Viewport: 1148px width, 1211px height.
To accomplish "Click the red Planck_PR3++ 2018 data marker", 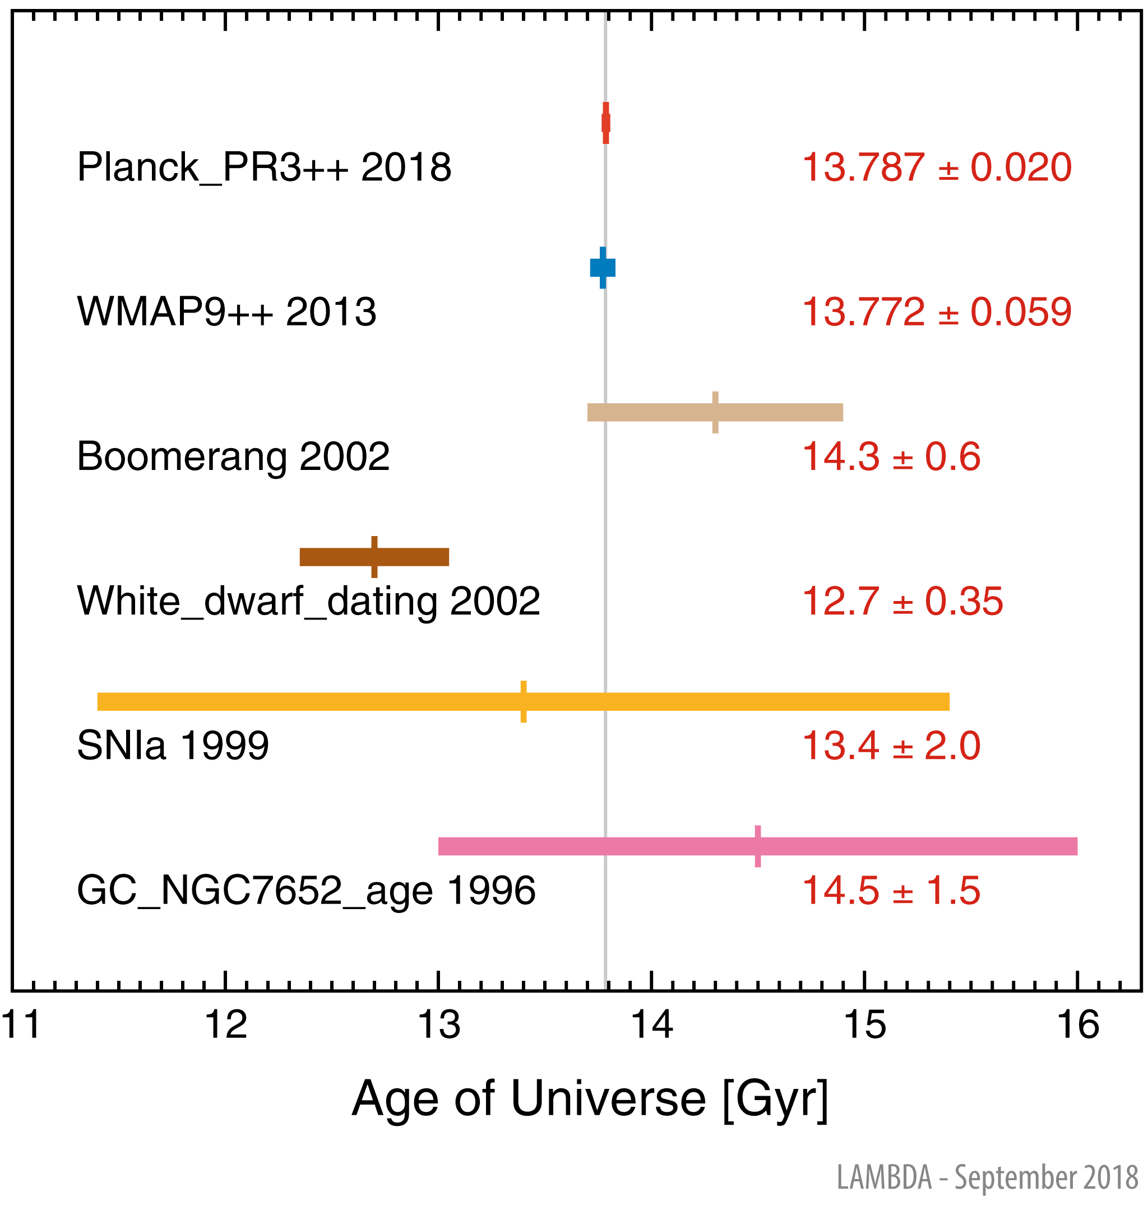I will [606, 123].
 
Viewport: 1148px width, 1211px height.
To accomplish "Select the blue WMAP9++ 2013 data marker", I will [603, 268].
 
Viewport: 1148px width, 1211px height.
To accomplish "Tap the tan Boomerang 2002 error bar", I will [715, 412].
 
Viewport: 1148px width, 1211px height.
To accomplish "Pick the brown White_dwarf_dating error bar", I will [374, 557].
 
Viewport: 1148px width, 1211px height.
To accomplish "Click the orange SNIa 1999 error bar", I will [523, 701].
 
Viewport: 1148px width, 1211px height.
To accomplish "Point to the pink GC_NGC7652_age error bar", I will [758, 846].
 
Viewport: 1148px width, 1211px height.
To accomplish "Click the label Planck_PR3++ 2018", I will [264, 167].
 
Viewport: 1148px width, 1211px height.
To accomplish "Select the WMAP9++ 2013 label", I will [226, 312].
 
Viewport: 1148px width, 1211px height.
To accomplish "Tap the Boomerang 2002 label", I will [233, 457].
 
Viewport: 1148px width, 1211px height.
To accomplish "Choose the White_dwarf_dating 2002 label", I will [308, 601].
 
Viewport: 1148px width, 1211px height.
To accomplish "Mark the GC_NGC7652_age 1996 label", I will [306, 891].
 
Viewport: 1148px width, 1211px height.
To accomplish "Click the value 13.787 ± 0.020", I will [937, 167].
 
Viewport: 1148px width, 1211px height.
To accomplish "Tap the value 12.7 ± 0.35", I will [902, 601].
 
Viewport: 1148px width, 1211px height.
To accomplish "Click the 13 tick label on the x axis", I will [438, 1025].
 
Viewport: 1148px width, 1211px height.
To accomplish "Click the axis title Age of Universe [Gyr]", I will [590, 1099].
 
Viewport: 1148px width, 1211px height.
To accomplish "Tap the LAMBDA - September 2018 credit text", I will [987, 1177].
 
